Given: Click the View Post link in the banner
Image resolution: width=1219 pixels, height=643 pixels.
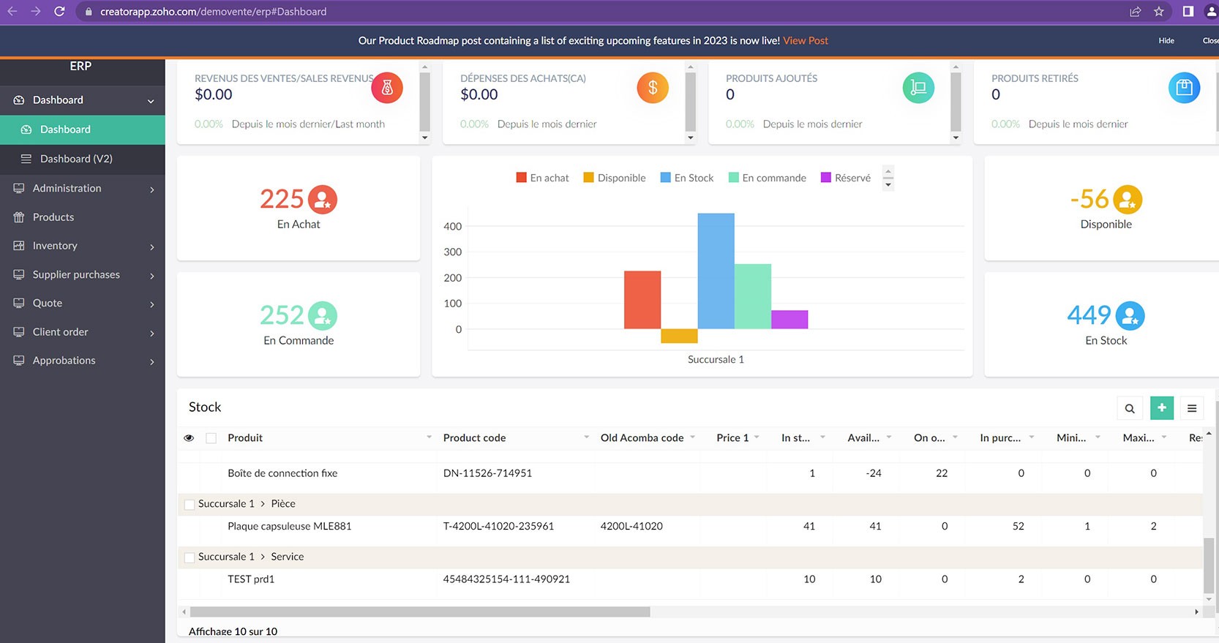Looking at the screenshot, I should coord(805,41).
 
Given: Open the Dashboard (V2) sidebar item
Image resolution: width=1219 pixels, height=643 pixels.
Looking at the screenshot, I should coord(76,159).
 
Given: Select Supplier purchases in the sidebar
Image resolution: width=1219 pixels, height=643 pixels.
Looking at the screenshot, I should coord(76,274).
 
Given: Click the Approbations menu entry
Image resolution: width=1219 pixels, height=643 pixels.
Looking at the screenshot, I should coord(64,361).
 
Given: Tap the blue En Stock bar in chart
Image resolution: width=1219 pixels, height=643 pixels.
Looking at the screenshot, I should coord(716,271).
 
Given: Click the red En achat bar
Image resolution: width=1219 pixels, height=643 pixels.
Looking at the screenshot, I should coord(642,300).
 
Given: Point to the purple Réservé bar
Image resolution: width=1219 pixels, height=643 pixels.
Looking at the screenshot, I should coord(789,320).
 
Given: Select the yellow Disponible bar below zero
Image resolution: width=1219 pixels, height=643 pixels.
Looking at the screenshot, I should coord(679,336).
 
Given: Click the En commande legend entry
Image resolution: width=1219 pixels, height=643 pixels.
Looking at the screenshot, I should coord(773,178).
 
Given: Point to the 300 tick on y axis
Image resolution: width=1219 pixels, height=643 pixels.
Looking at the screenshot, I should coord(453,252).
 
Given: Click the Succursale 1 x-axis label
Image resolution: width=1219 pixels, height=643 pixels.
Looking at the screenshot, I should coord(715,359).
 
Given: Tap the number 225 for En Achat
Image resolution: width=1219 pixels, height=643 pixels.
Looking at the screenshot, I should coord(282,199).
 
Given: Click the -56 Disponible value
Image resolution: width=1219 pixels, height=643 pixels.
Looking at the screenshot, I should coord(1089,199).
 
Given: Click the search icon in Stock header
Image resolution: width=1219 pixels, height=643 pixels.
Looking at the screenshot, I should coord(1129,408).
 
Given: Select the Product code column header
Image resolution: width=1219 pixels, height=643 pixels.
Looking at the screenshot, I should coord(474,437).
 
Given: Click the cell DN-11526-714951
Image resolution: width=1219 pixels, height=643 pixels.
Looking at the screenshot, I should coord(487,473).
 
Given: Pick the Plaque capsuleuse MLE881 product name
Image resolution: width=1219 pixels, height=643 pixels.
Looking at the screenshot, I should coord(289,526).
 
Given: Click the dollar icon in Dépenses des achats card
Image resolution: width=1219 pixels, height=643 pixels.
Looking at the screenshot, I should coord(652,89).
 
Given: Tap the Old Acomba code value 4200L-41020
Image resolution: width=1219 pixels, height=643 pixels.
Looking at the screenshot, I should coord(631,526).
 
